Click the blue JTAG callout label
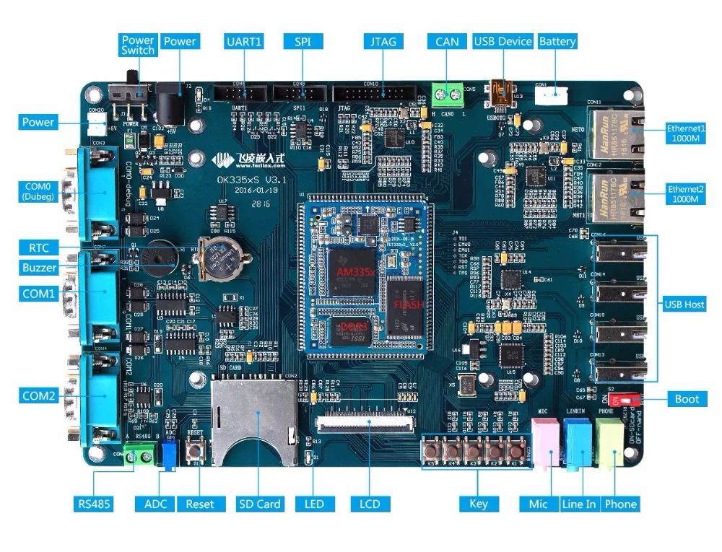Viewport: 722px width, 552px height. (x=383, y=41)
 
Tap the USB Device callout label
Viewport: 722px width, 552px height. (x=503, y=41)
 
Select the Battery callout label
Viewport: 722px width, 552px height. (x=557, y=41)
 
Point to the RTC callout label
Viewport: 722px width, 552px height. (x=40, y=247)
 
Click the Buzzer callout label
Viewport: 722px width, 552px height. (x=39, y=268)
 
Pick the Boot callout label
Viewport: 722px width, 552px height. (x=687, y=399)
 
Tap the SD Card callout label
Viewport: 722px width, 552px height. (x=261, y=504)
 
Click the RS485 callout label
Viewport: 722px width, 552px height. (x=94, y=504)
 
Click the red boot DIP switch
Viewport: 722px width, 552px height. (x=622, y=398)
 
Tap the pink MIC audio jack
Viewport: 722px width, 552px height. (x=544, y=442)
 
